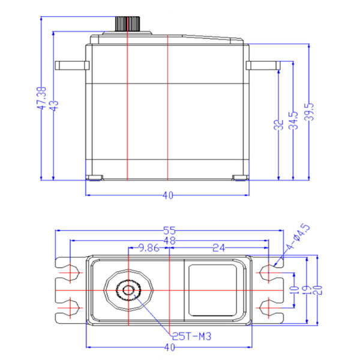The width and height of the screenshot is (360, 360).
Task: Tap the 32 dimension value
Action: coord(278,125)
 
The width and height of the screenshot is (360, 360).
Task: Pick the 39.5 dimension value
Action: coord(308,112)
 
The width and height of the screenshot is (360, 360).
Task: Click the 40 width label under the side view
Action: coord(167,195)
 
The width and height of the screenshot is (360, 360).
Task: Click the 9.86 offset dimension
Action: coord(149,247)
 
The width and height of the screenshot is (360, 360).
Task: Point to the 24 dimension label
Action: coord(218,247)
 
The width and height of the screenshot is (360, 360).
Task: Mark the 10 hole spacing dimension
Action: coord(294,289)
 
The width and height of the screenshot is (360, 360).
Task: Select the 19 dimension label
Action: coord(307,289)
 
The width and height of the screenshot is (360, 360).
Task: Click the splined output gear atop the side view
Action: coord(127,25)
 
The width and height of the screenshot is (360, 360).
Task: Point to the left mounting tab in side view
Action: coord(70,65)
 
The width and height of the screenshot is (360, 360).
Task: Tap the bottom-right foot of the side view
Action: coord(240,178)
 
